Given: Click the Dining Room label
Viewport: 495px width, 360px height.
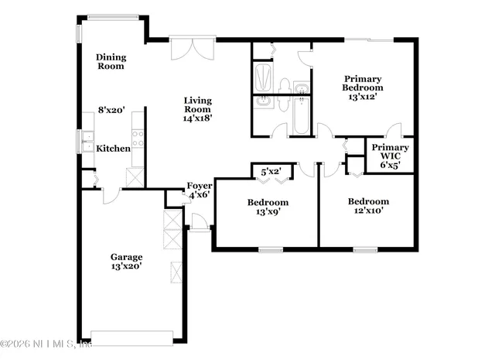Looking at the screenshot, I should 110,61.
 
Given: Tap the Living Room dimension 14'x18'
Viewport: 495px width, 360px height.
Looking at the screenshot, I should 197,118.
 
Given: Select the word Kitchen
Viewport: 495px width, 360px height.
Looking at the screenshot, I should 112,149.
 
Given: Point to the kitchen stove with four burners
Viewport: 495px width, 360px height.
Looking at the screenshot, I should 138,139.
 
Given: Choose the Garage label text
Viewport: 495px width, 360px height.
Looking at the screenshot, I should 126,256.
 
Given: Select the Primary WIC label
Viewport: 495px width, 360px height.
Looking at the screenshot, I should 391,152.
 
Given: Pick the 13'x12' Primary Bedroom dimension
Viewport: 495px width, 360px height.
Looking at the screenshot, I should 364,98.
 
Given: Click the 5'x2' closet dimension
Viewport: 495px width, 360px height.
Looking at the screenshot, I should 271,171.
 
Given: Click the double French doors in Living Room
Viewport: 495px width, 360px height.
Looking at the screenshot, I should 190,48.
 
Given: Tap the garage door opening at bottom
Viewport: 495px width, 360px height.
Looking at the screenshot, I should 131,338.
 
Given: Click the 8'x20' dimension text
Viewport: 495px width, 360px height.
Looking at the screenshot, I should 111,111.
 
